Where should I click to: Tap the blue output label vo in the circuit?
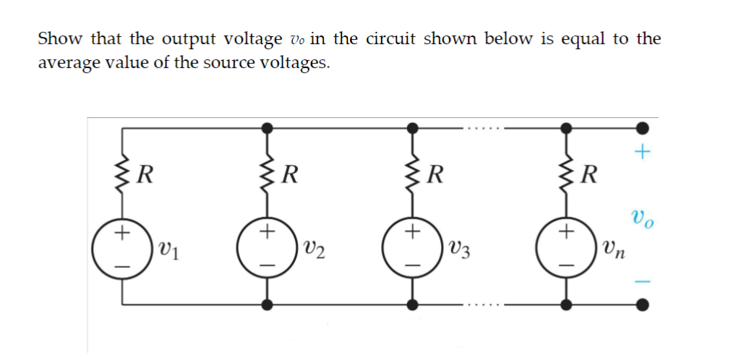(x=643, y=216)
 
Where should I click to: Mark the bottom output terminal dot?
(x=641, y=304)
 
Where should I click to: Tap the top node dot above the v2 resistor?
(x=267, y=127)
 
